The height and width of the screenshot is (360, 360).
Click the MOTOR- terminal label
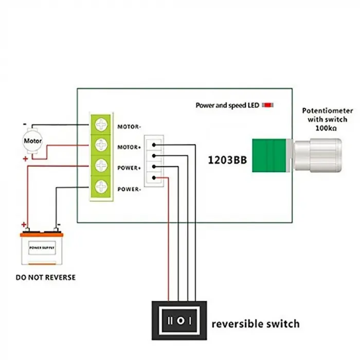pos(130,126)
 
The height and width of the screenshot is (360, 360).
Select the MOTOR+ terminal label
pos(130,147)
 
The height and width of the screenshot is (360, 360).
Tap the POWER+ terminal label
pos(130,168)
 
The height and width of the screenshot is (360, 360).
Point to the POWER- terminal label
pos(130,189)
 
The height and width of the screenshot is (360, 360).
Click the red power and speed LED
pos(268,105)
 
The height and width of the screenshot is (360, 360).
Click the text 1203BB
pos(227,160)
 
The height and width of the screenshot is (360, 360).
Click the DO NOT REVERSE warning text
pos(45,277)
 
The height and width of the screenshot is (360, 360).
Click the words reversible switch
pos(256,323)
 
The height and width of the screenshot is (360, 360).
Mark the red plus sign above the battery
pos(23,225)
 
